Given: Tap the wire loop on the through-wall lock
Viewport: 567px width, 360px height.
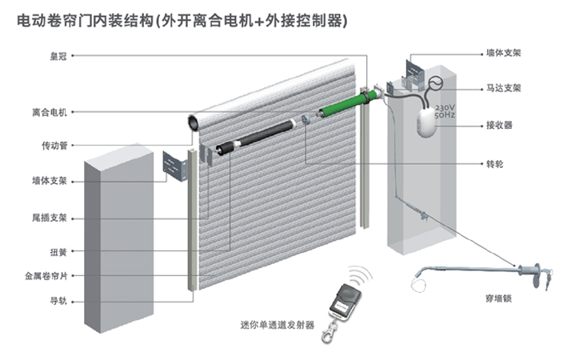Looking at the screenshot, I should coord(422,281).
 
